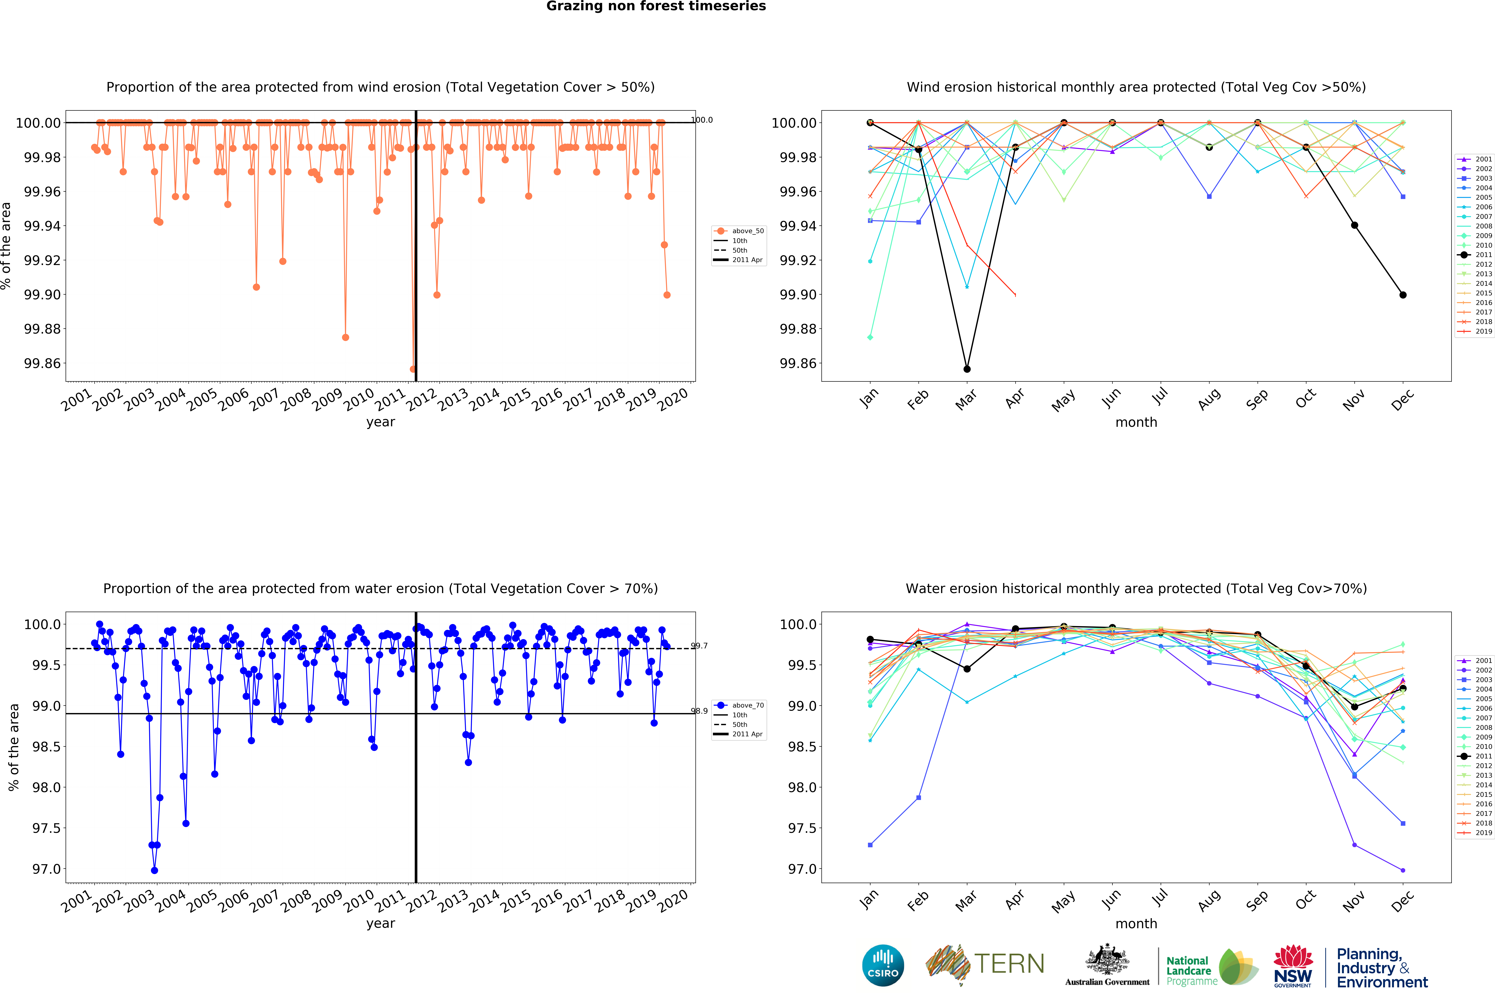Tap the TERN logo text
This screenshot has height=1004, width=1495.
point(1010,964)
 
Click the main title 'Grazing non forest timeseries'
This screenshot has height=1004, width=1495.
point(656,6)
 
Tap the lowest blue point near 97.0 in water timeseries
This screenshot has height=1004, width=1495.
point(154,870)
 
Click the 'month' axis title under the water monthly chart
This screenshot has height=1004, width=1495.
point(1136,923)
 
